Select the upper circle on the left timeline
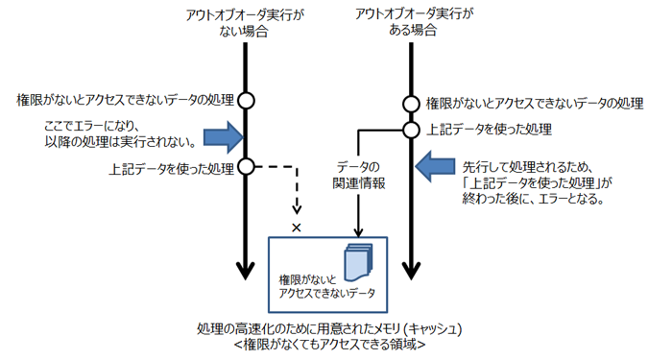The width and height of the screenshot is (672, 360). point(247,100)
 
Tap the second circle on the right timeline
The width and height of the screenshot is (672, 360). point(411,129)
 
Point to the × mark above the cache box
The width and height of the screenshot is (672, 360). point(296,227)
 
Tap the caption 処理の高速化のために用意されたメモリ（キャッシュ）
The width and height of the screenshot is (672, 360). point(329,328)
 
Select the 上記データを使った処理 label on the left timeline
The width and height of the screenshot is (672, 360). point(173,169)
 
